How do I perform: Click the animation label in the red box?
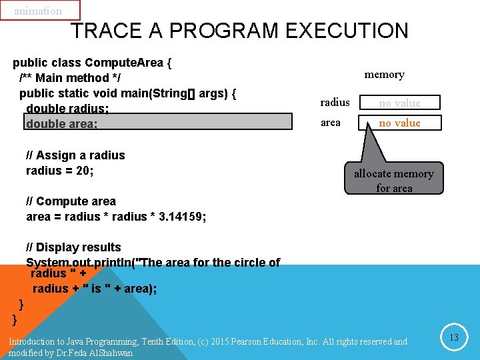coord(38,11)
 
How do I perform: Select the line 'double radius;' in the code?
coord(67,108)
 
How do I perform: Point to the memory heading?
coord(384,75)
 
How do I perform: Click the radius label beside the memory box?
coord(335,102)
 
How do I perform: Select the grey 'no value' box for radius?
coord(399,103)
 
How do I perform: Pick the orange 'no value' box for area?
coord(399,123)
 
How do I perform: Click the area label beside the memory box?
coord(331,123)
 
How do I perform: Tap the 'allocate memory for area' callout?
coord(393,180)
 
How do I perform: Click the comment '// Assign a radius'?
coord(75,155)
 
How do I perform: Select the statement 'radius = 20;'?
coord(60,171)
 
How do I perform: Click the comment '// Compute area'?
coord(71,201)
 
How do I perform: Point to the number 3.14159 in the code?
coord(182,217)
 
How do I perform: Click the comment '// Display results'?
coord(73,247)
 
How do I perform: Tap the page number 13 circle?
coord(453,338)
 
